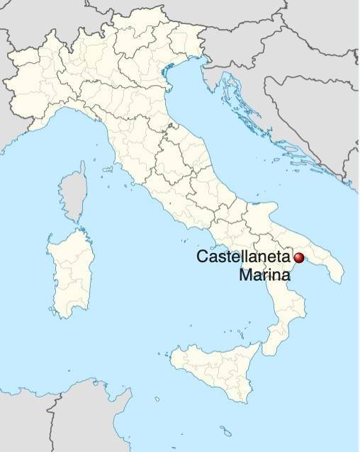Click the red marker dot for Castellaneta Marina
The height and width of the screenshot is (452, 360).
coord(299,258)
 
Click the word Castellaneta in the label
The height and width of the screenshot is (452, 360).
coord(244,257)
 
